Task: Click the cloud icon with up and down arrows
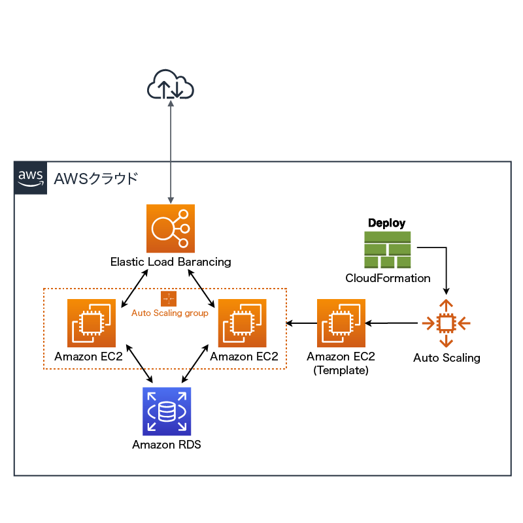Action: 171,84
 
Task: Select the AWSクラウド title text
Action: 96,178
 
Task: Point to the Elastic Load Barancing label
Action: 170,262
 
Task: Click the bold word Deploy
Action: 386,223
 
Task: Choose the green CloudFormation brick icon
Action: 387,250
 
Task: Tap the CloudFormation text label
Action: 388,278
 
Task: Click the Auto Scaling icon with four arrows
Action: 446,323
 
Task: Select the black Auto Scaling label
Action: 447,358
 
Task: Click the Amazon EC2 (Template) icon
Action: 341,323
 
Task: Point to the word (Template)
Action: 341,370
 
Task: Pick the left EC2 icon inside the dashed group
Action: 92,323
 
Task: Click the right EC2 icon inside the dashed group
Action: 242,323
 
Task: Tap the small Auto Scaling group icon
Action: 169,299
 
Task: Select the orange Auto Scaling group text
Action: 170,313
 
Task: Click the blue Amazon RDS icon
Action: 167,411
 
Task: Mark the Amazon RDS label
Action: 167,445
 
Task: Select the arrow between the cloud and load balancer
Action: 171,150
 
